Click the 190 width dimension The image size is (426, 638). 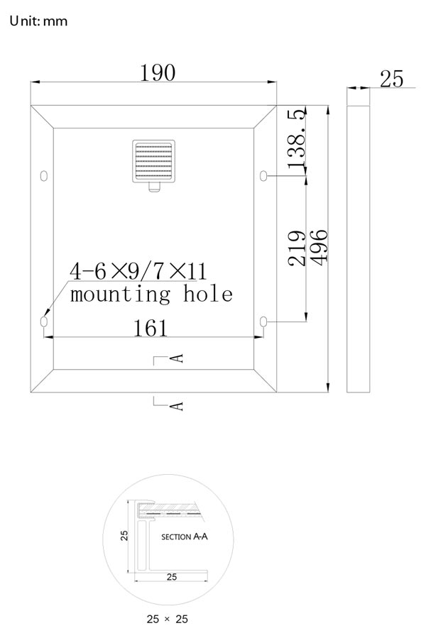158,73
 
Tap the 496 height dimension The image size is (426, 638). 319,248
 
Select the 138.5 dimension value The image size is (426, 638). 297,138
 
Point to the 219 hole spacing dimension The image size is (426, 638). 297,248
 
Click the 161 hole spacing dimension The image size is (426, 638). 151,328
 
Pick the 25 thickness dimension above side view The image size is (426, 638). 391,79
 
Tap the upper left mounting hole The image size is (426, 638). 44,176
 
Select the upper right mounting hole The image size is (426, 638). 263,176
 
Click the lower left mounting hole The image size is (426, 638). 44,321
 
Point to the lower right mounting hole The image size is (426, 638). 263,321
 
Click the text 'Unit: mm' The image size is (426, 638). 38,21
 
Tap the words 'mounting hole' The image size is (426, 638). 151,294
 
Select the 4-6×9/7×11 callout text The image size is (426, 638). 138,270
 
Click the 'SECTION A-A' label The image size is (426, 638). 184,537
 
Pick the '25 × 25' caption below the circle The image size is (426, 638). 168,619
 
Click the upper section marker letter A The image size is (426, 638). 177,358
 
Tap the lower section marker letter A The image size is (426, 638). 177,406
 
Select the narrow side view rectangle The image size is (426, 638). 359,249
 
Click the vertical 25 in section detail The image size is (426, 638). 124,535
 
